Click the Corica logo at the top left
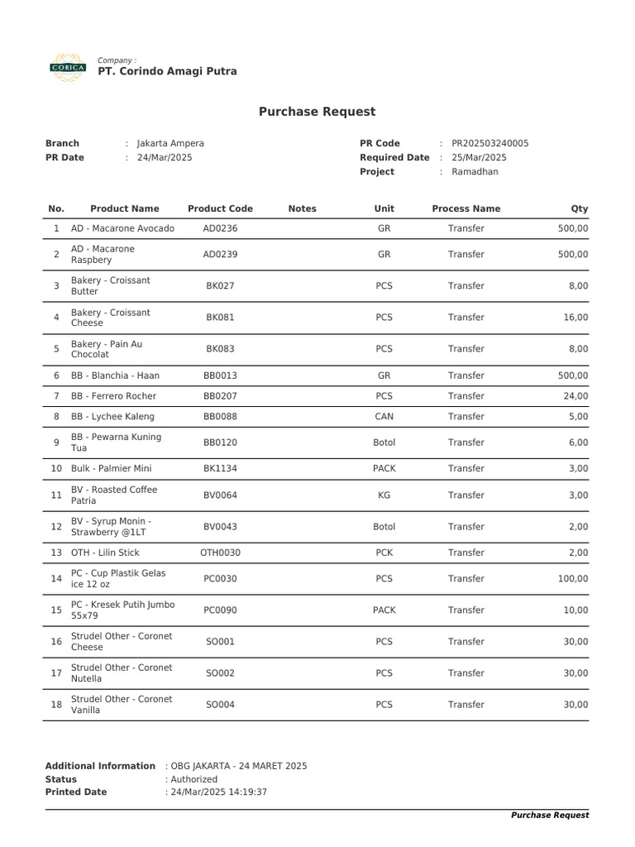click(67, 67)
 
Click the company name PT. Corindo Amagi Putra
click(167, 72)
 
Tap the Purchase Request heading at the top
click(317, 112)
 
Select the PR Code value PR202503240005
click(489, 143)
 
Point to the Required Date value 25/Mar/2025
click(479, 157)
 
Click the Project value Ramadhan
click(475, 172)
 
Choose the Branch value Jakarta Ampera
click(169, 143)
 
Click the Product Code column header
click(220, 208)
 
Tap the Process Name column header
click(466, 208)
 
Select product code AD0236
click(220, 228)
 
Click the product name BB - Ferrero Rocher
click(113, 396)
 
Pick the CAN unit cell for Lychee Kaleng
click(384, 417)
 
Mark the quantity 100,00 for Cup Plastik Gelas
click(573, 579)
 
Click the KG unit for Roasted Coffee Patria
click(384, 495)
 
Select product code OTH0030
click(220, 553)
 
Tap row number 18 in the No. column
click(56, 705)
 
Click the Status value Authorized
click(193, 779)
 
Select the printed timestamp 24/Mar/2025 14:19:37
click(218, 792)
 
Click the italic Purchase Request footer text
click(550, 816)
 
